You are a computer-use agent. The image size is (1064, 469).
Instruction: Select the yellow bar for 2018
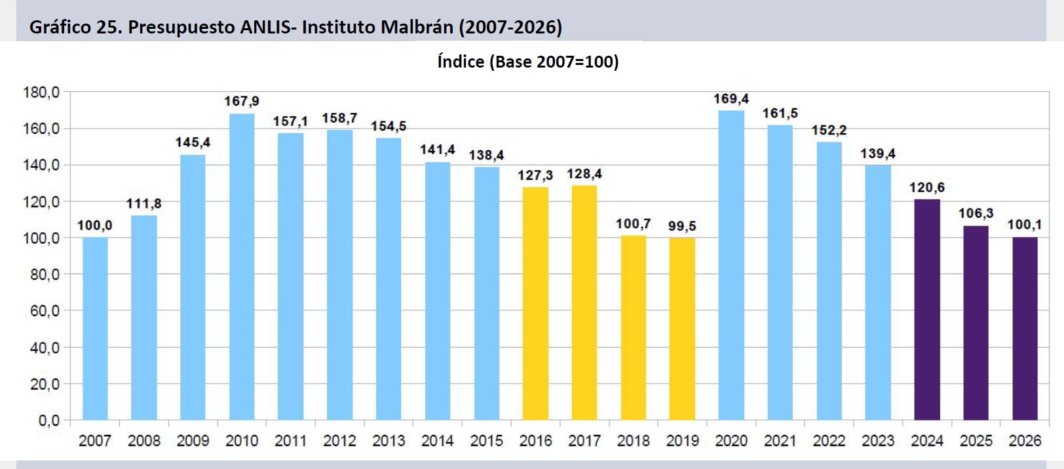click(633, 328)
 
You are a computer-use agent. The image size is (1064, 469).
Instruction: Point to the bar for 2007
click(95, 329)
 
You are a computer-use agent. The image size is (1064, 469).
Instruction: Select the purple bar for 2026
click(1025, 329)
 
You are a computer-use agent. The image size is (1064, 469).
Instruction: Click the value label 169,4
click(731, 99)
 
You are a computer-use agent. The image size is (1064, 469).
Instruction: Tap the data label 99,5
click(682, 226)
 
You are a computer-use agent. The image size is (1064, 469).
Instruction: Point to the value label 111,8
click(143, 204)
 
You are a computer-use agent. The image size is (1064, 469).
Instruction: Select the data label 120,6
click(927, 188)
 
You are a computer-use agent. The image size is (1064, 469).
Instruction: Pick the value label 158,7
click(339, 118)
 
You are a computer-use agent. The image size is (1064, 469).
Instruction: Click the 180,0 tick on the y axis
click(41, 92)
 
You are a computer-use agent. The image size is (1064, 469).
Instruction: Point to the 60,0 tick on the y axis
click(45, 311)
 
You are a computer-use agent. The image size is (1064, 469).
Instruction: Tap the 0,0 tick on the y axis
click(48, 420)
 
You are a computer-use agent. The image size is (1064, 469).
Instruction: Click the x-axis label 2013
click(389, 441)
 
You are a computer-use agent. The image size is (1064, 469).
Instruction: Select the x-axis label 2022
click(829, 441)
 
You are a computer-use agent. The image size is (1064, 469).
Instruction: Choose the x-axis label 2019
click(682, 441)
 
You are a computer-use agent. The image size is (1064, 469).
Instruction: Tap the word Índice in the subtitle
click(461, 62)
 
